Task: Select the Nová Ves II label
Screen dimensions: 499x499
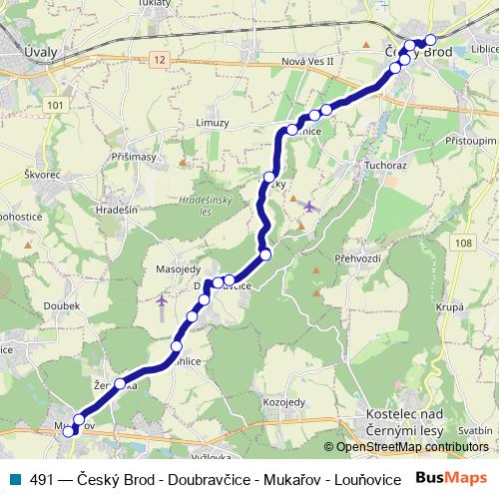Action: click(307, 61)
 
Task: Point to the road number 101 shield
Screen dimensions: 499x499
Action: click(54, 105)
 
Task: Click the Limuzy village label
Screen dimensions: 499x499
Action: click(213, 123)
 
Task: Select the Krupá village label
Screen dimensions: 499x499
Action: click(451, 307)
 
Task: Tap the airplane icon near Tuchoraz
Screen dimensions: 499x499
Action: click(308, 207)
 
